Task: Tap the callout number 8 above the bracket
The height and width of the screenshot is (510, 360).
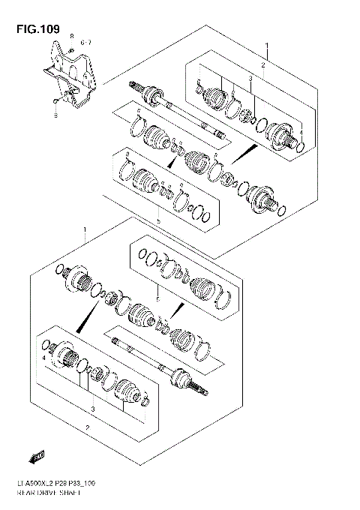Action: (72, 37)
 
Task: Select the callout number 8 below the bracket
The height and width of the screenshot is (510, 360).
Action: (55, 116)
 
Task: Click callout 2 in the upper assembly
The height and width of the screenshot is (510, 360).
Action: (262, 65)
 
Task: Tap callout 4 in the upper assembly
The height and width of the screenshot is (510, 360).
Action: (301, 133)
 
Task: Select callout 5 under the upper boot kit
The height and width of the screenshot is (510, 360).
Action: (158, 221)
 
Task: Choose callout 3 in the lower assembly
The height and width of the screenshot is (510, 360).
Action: (92, 409)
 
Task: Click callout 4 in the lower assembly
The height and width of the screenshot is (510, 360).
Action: (44, 359)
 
